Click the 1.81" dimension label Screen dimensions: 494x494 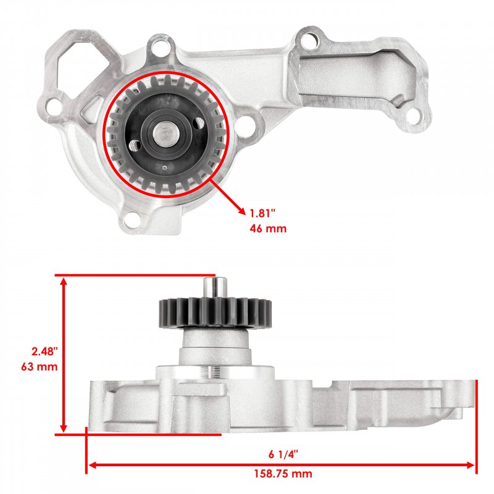pyautogui.click(x=263, y=213)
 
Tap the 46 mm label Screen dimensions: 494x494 pyautogui.click(x=268, y=228)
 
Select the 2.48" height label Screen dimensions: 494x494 pyautogui.click(x=44, y=351)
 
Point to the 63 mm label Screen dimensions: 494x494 pyautogui.click(x=40, y=367)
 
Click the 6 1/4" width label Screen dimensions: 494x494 pyautogui.click(x=283, y=454)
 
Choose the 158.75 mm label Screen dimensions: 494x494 pyautogui.click(x=283, y=474)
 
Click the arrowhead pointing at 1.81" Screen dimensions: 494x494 pyautogui.click(x=241, y=211)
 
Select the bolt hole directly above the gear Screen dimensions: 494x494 pyautogui.click(x=161, y=48)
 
